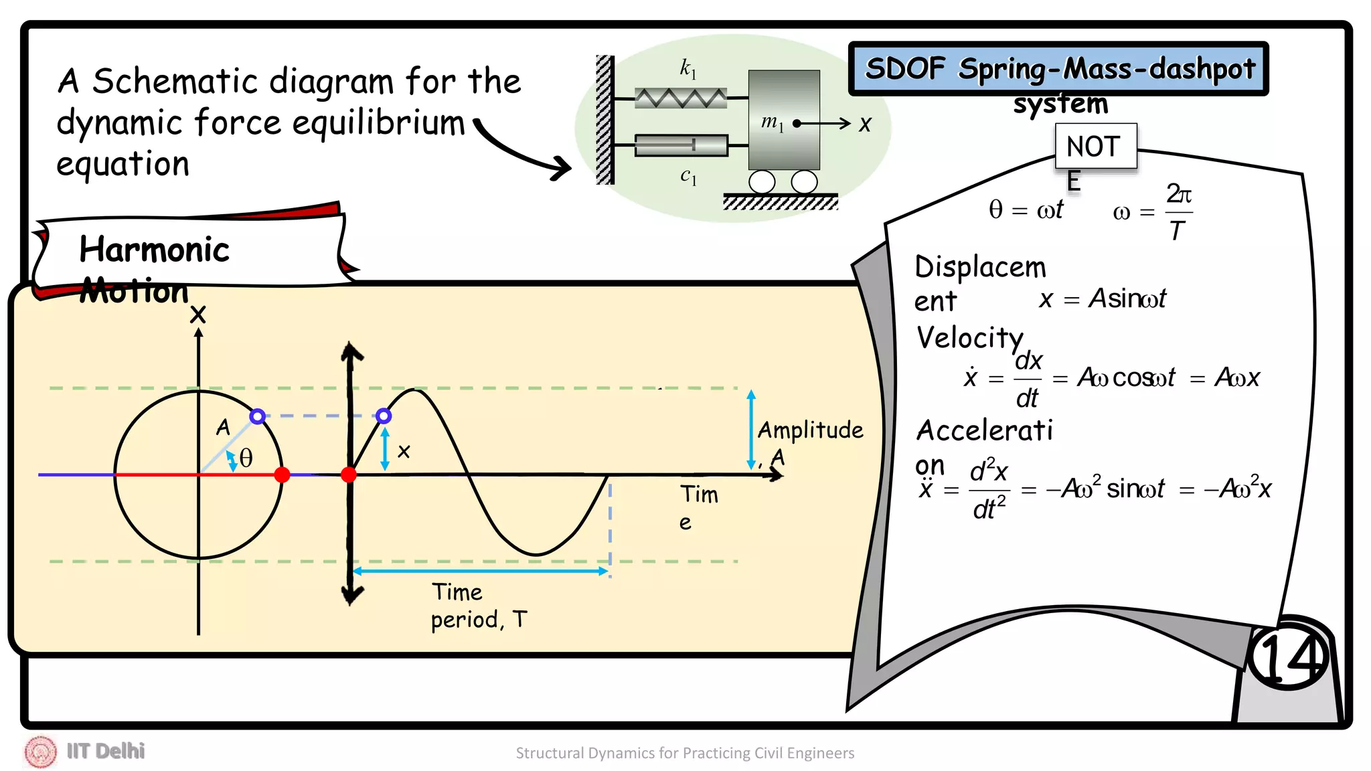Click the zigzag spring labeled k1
681,98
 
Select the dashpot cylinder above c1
681,145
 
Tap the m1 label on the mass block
772,122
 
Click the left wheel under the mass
762,181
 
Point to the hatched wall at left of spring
604,120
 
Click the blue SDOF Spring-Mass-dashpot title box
1058,68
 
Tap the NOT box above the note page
1095,146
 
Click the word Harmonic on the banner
154,249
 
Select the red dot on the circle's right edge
283,475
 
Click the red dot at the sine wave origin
349,475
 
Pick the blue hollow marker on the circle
257,416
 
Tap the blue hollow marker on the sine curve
384,416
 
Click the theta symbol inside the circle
246,458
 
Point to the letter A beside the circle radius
223,427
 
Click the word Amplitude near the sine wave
810,430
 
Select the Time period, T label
478,606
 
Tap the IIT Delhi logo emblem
41,751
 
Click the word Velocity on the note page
969,337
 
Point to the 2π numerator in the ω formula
1179,194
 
